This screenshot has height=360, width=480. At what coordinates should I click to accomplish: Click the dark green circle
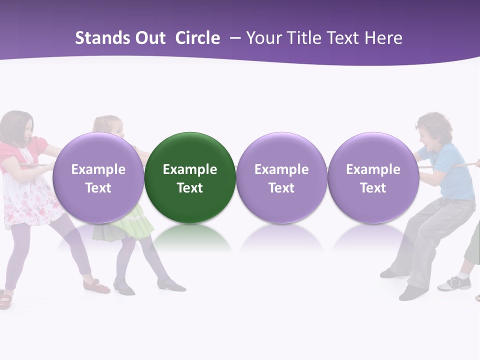pyautogui.click(x=190, y=177)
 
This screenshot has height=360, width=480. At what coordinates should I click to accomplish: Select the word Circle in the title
pyautogui.click(x=197, y=38)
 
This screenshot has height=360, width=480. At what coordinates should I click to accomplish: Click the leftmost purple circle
pyautogui.click(x=98, y=177)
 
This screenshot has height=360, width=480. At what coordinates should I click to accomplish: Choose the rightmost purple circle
pyautogui.click(x=373, y=177)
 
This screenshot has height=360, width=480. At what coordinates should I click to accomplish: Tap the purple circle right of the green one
pyautogui.click(x=281, y=177)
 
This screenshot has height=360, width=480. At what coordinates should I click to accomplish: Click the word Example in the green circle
pyautogui.click(x=190, y=169)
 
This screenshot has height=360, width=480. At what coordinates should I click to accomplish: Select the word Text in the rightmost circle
pyautogui.click(x=373, y=188)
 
